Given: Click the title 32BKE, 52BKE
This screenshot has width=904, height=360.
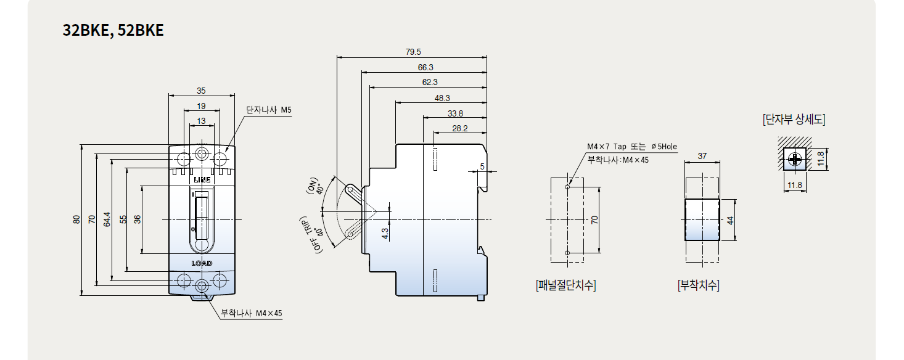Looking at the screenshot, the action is [113, 30].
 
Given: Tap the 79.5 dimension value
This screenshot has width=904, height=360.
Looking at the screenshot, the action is [413, 52].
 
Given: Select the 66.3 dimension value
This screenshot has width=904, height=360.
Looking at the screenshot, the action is [425, 67].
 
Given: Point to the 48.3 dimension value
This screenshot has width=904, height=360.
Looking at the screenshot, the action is [442, 98].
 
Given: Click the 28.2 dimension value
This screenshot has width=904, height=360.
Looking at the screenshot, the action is [459, 128].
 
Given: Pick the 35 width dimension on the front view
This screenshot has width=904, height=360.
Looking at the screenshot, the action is [201, 91].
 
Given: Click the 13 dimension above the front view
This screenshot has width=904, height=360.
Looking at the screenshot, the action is [201, 121].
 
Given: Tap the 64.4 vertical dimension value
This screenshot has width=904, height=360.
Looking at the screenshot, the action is [107, 219].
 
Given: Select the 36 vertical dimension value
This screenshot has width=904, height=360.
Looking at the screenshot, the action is [138, 219].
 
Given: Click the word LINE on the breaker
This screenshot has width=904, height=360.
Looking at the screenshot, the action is [202, 180].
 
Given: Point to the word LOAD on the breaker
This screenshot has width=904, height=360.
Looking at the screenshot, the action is [202, 263].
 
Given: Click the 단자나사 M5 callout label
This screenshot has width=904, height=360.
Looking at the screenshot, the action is [269, 110].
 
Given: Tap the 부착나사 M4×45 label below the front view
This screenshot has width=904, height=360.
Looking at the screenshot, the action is [252, 313].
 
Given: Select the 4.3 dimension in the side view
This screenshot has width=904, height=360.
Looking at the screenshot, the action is [385, 234].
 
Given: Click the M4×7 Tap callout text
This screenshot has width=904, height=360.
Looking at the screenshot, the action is [632, 147].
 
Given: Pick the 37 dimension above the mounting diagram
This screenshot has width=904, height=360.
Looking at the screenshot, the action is [702, 156].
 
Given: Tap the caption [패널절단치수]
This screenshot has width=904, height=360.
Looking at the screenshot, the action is [566, 285].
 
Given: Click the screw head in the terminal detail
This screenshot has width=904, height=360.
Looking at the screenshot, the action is [795, 159].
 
